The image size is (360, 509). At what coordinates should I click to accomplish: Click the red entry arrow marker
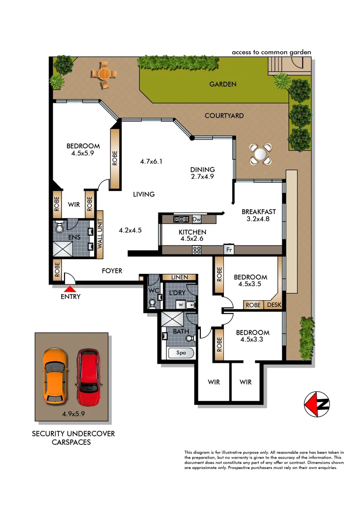point(70,289)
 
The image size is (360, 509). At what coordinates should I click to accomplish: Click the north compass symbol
point(317,404)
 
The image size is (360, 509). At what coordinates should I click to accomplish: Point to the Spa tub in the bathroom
point(181,353)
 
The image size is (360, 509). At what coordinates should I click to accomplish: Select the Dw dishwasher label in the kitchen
point(196,219)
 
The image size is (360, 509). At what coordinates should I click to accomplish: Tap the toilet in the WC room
point(152,305)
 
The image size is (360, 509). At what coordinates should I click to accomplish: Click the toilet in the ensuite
point(60,228)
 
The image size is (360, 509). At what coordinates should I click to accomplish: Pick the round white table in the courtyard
point(260,154)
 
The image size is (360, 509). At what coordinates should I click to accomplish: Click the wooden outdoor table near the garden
point(103,75)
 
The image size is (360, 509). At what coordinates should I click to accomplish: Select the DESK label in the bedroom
point(274,305)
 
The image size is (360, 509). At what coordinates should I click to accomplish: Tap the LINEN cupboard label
point(180,277)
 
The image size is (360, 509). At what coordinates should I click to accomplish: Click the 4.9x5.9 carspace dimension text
point(73,414)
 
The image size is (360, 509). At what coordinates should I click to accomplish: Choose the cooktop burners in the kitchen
point(196,250)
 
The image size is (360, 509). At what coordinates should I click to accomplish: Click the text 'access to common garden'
point(271,52)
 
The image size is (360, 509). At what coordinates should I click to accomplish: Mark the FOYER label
point(112,271)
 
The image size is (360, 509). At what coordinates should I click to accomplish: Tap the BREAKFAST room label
point(259,212)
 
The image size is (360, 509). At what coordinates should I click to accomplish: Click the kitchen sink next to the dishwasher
point(181,219)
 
